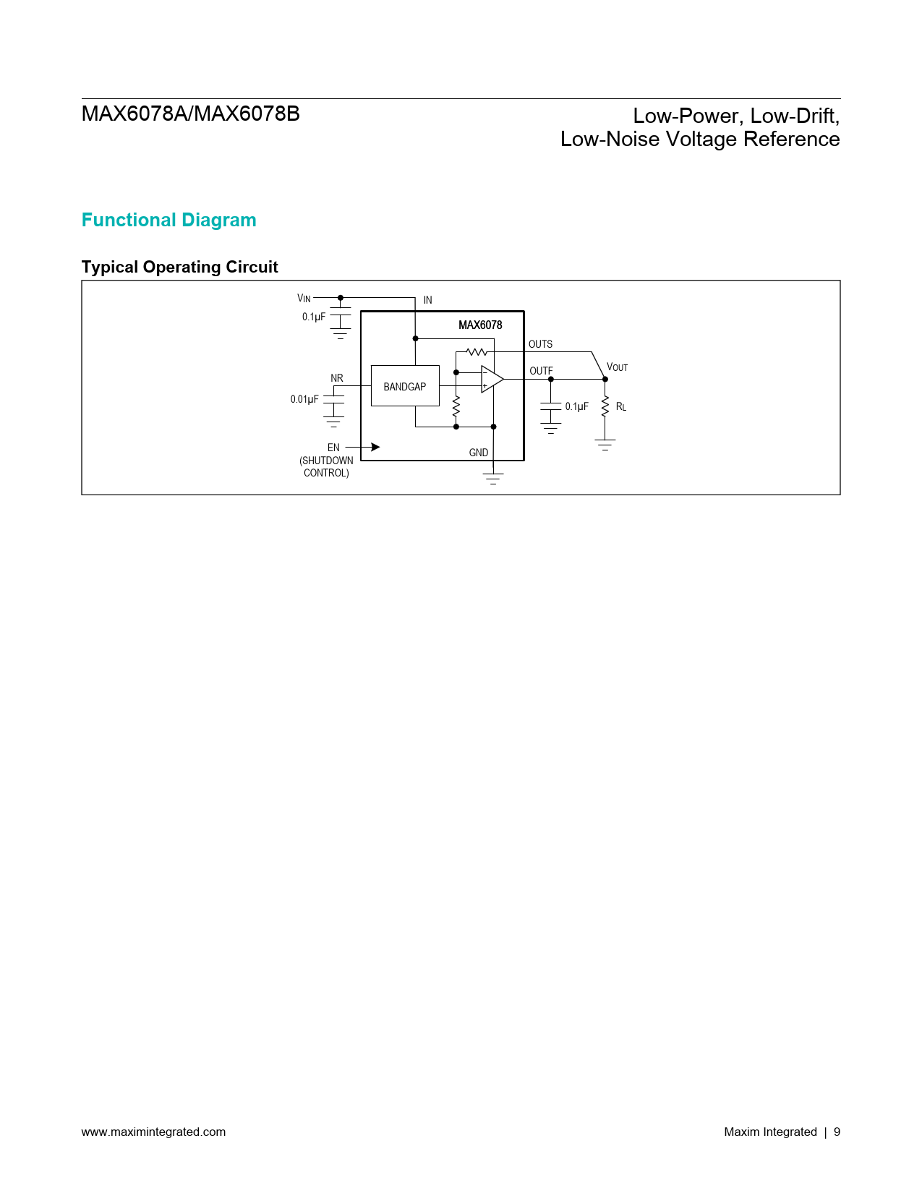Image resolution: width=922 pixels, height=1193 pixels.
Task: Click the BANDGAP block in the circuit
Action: click(x=405, y=386)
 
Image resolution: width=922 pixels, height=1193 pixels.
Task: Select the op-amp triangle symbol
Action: click(x=491, y=380)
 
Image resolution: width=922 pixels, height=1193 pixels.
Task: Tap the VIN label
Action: click(x=304, y=298)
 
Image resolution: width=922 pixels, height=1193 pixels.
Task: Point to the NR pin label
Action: click(x=337, y=378)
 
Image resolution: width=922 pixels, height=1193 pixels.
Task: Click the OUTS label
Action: click(x=540, y=344)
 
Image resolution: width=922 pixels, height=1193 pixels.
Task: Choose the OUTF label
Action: click(x=541, y=371)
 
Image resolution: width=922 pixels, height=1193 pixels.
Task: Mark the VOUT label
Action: click(x=618, y=367)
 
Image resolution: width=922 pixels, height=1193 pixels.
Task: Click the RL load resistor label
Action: click(x=621, y=407)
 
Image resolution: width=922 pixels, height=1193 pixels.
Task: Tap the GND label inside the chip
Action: click(x=478, y=453)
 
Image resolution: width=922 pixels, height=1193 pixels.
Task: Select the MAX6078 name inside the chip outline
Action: click(x=480, y=325)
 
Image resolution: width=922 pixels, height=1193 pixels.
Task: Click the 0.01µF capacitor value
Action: click(x=304, y=399)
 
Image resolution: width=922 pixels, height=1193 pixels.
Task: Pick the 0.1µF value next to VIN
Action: click(x=314, y=317)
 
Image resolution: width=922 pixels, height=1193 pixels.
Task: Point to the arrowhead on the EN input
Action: click(x=375, y=448)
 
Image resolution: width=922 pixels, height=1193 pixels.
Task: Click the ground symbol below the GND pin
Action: click(x=493, y=478)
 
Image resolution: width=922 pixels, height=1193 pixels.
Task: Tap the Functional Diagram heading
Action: click(x=168, y=220)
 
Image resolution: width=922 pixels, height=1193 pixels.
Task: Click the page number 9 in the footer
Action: click(x=837, y=1132)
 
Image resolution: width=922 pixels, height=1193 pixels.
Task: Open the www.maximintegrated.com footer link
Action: click(x=153, y=1132)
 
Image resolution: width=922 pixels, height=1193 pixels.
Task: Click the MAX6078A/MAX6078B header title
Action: click(x=191, y=114)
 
